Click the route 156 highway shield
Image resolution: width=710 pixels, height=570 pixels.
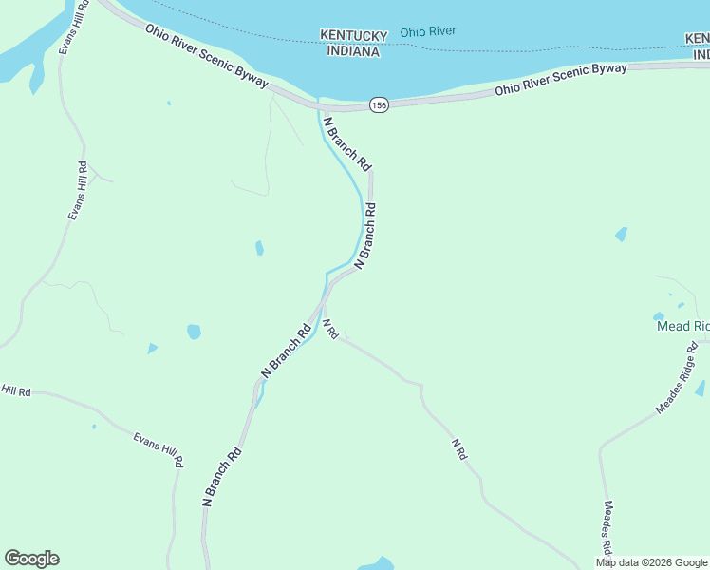(379, 105)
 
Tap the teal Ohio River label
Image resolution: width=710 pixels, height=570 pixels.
(427, 31)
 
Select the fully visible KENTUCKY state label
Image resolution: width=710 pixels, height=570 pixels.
(353, 36)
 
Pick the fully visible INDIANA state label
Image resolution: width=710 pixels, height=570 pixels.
(353, 51)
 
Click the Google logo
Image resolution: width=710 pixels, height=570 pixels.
(31, 559)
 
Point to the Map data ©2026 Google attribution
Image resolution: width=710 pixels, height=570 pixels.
(651, 562)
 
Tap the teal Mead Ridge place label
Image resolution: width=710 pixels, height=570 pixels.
(682, 326)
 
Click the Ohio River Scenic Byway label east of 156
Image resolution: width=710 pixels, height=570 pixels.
(560, 81)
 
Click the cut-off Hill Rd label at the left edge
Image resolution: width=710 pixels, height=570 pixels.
(16, 390)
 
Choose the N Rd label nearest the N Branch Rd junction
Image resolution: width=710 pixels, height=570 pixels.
(329, 329)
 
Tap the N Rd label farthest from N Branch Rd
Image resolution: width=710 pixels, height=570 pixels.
(459, 448)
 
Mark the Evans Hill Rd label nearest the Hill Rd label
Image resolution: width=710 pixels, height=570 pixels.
(159, 449)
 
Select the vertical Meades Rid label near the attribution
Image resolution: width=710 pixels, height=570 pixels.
(608, 527)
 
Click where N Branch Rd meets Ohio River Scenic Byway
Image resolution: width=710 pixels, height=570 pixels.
(320, 106)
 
